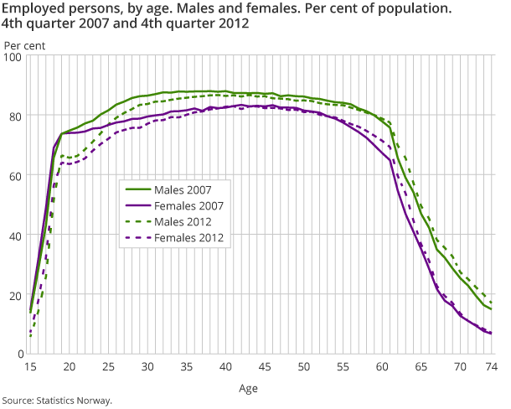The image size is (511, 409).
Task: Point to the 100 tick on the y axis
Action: pos(13,55)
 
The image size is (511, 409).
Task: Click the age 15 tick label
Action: pos(30,367)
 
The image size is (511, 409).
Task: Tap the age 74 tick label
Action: pos(492,367)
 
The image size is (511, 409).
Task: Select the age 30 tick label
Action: pos(147,367)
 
